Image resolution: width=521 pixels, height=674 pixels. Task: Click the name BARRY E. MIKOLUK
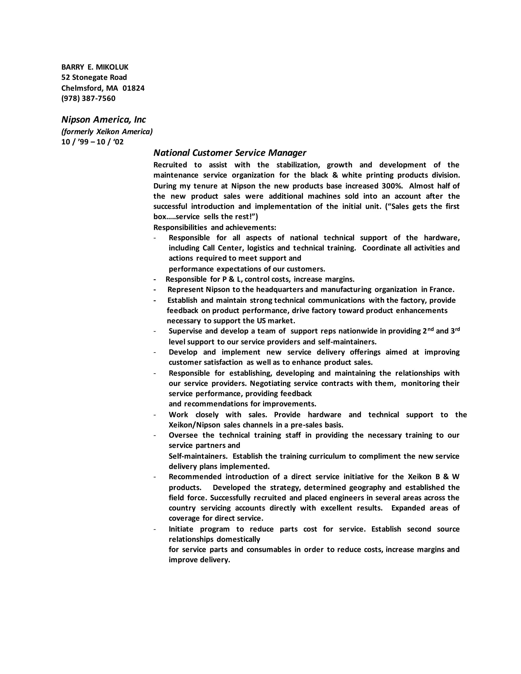click(95, 67)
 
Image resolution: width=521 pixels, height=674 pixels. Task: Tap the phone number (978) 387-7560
click(88, 98)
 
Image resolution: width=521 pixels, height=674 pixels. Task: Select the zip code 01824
click(133, 88)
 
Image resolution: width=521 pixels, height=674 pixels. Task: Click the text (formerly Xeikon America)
click(107, 132)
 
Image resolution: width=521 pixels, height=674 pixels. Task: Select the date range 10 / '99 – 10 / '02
click(92, 142)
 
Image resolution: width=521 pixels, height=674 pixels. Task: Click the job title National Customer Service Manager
click(230, 153)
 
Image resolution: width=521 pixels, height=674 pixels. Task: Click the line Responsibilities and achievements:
click(214, 227)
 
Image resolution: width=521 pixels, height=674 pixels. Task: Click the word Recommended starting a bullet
click(195, 477)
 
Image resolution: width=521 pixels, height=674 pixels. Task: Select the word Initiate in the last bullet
click(181, 529)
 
